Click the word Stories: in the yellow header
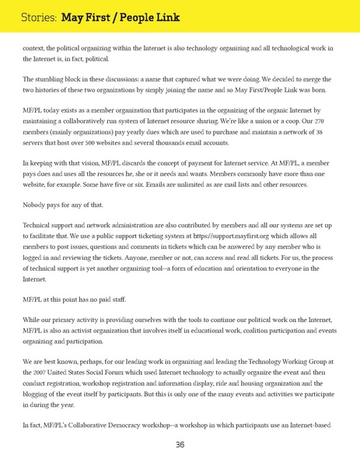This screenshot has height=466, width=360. (35, 16)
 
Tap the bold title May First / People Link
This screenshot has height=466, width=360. (121, 16)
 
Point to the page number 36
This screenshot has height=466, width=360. (180, 445)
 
